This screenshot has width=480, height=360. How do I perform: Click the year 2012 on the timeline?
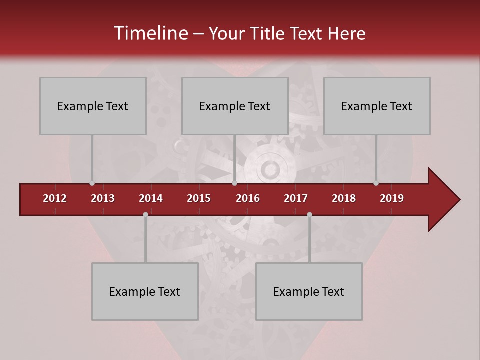[x=55, y=198]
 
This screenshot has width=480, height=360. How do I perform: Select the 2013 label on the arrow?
[x=103, y=198]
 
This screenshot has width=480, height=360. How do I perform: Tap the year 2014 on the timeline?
[x=151, y=198]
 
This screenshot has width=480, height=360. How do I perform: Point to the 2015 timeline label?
[x=199, y=198]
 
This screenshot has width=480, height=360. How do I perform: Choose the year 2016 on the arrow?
[x=248, y=198]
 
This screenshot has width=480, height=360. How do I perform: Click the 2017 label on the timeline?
[x=296, y=198]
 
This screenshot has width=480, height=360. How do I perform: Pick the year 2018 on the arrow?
[x=344, y=198]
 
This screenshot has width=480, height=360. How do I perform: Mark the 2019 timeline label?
[x=392, y=198]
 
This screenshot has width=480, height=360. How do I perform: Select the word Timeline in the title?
[x=150, y=33]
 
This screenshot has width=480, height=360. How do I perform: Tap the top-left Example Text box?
[x=93, y=106]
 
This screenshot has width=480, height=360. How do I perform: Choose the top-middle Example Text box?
[x=235, y=106]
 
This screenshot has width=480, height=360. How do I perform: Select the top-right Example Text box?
[x=377, y=106]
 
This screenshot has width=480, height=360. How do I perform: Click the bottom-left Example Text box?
[x=145, y=291]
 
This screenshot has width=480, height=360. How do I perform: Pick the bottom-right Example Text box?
[x=309, y=291]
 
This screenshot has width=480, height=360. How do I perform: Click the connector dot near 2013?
[x=92, y=183]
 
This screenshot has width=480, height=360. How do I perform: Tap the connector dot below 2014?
[x=145, y=214]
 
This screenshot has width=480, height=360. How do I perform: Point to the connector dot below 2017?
[x=309, y=214]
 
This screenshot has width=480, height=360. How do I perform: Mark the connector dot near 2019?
[x=376, y=183]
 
